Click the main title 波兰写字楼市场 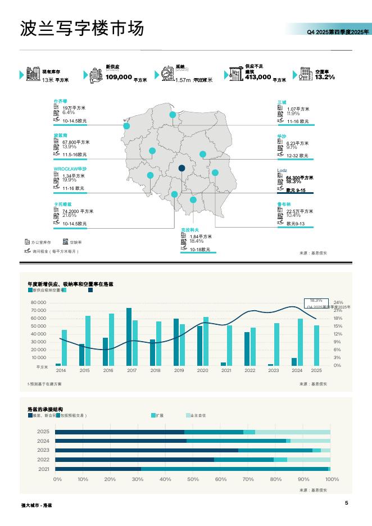(x=82, y=28)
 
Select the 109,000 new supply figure (x=119, y=77)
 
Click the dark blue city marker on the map (x=182, y=168)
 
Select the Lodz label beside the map (x=282, y=170)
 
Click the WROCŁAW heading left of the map (x=70, y=169)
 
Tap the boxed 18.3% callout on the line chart (x=316, y=301)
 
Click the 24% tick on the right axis (x=338, y=302)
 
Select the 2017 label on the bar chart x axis (x=131, y=370)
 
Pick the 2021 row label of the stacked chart (x=44, y=469)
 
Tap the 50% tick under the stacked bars (x=193, y=479)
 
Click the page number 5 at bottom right (x=347, y=503)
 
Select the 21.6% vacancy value (x=69, y=215)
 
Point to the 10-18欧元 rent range (x=200, y=250)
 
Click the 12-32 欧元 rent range (x=297, y=156)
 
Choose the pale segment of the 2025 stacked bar (x=293, y=432)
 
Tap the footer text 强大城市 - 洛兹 (x=37, y=505)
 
